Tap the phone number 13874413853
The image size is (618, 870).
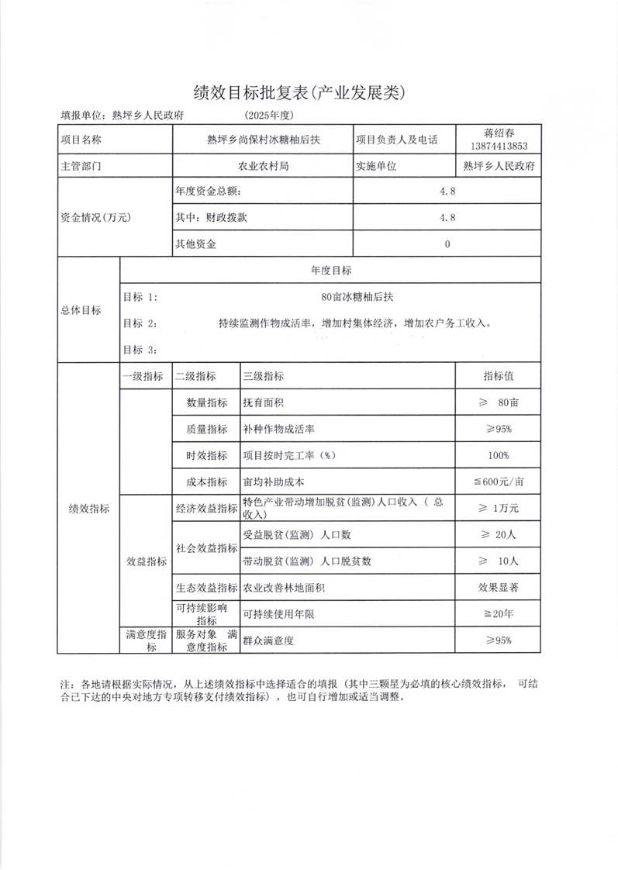pyautogui.click(x=499, y=147)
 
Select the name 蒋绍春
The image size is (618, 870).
pyautogui.click(x=499, y=133)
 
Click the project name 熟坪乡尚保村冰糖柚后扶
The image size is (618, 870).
pyautogui.click(x=263, y=140)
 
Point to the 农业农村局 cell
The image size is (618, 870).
pyautogui.click(x=263, y=165)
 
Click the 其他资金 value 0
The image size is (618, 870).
pyautogui.click(x=447, y=244)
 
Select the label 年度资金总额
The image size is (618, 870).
pyautogui.click(x=207, y=191)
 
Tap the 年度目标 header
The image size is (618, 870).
pyautogui.click(x=331, y=271)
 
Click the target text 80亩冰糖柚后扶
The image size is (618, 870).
pyautogui.click(x=351, y=296)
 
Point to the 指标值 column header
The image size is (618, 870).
pyautogui.click(x=499, y=376)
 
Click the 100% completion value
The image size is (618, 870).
pyautogui.click(x=499, y=455)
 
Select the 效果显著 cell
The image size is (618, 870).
pyautogui.click(x=499, y=588)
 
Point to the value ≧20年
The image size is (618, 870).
pyautogui.click(x=499, y=614)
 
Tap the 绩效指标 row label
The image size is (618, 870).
pyautogui.click(x=89, y=509)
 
